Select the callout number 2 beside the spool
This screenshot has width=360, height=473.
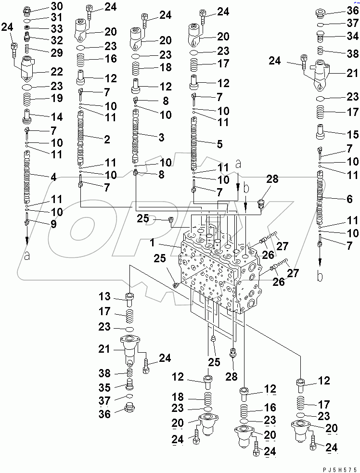pyautogui.click(x=107, y=140)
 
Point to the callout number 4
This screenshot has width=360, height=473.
pyautogui.click(x=53, y=178)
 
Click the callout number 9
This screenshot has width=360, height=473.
pyautogui.click(x=53, y=224)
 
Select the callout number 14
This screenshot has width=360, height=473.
pyautogui.click(x=57, y=116)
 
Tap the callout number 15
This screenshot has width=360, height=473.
pyautogui.click(x=353, y=132)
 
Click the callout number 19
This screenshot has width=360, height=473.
pyautogui.click(x=57, y=99)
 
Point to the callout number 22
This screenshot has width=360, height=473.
pyautogui.click(x=57, y=71)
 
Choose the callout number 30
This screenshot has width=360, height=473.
pyautogui.click(x=57, y=6)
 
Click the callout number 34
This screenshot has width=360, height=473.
pyautogui.click(x=353, y=36)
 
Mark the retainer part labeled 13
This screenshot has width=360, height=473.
pyautogui.click(x=129, y=299)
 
